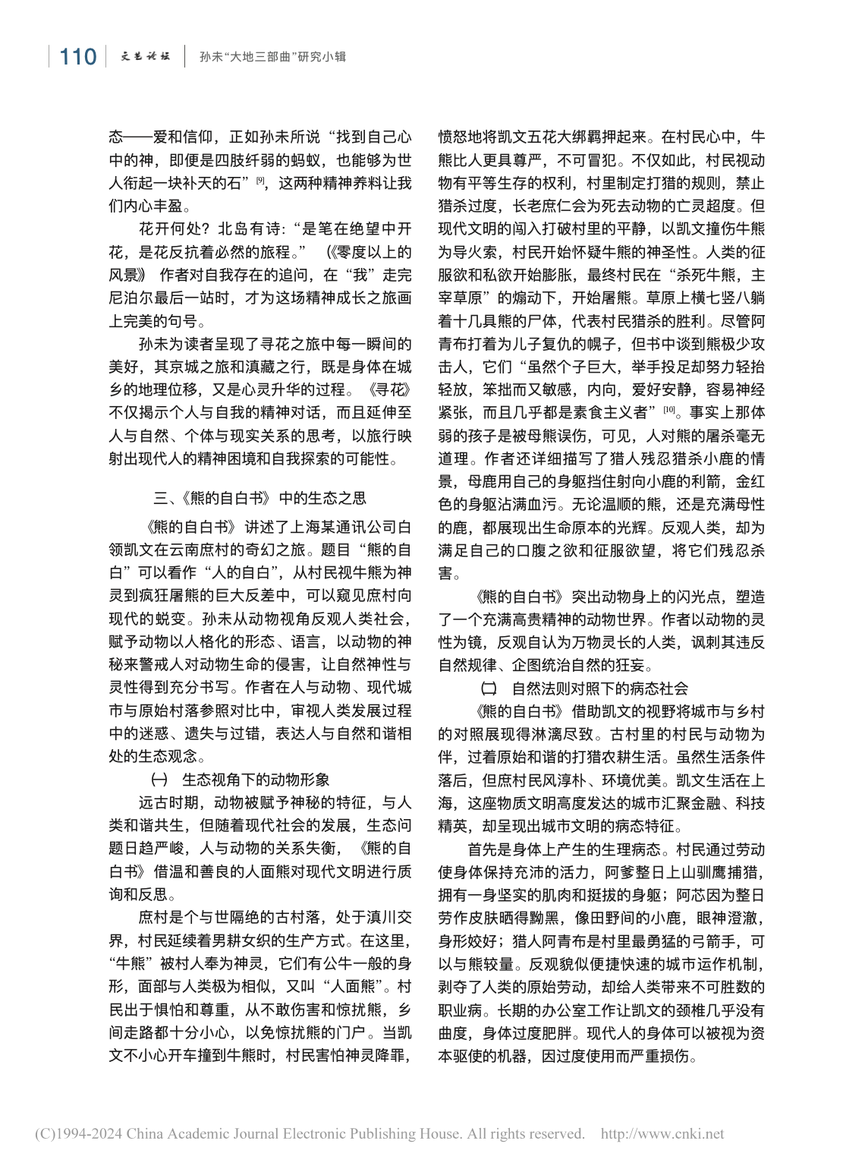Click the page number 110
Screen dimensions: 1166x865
click(x=77, y=57)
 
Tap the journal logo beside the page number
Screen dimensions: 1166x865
click(x=146, y=56)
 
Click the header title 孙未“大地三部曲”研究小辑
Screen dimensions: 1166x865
click(x=272, y=57)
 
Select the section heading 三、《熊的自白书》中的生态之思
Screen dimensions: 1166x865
click(x=259, y=498)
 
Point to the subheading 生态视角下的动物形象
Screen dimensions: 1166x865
click(x=256, y=780)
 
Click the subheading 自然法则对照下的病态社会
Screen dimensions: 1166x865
click(x=599, y=689)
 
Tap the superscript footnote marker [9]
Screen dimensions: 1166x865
click(x=260, y=180)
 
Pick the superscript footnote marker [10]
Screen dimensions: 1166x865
click(x=669, y=410)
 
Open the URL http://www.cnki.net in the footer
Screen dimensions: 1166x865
click(x=662, y=1134)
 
